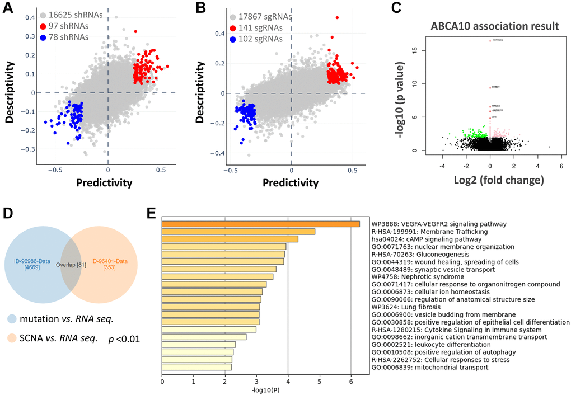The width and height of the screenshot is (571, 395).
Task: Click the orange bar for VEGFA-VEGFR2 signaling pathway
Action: pos(260,224)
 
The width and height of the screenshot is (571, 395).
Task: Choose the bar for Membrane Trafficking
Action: pos(238,232)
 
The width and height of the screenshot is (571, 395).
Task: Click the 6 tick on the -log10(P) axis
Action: pos(350,382)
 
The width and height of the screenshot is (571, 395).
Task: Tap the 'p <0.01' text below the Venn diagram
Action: pos(124,338)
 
